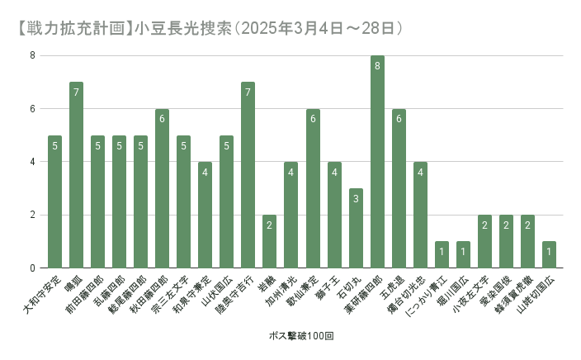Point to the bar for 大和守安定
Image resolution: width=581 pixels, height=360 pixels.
click(x=54, y=201)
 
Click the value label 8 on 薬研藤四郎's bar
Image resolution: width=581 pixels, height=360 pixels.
click(x=377, y=66)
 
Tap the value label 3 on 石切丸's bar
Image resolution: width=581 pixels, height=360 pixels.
click(x=356, y=199)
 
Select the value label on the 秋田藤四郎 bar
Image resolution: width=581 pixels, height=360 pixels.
click(x=162, y=119)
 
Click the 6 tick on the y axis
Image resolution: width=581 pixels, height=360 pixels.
click(x=33, y=109)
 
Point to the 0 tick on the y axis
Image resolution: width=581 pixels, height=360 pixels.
click(x=33, y=268)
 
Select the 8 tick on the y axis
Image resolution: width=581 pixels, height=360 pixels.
click(x=33, y=56)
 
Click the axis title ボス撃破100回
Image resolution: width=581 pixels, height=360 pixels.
click(x=301, y=337)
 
